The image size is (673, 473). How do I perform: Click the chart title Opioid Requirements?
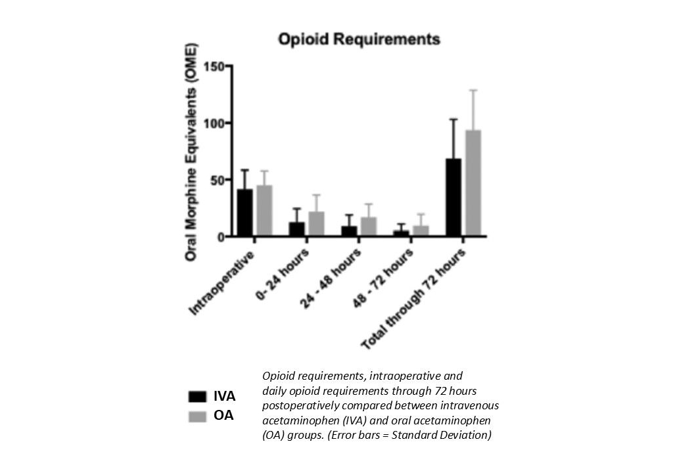359,39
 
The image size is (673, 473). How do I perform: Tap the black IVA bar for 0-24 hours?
297,229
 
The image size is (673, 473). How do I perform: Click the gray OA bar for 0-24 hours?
316,223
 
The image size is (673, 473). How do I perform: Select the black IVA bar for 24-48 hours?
349,231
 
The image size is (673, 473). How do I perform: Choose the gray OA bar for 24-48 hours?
369,226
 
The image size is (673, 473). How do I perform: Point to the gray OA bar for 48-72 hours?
421,231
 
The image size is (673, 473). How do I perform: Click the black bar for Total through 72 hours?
453,197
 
